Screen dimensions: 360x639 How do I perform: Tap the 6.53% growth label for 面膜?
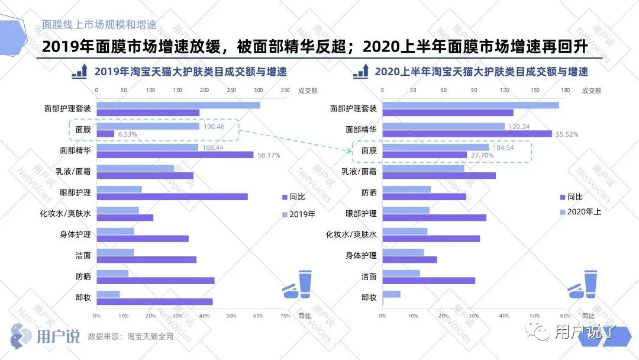coord(127,134)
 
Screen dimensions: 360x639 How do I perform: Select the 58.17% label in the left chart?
coord(268,155)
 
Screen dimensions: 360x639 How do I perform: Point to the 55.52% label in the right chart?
coord(566,134)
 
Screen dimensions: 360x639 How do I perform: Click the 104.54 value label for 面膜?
coord(502,147)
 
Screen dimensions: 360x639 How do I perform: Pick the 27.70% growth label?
coord(480,155)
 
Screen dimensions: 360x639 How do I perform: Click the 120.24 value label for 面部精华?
coord(518,126)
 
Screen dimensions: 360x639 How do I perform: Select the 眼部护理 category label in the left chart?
coord(75,192)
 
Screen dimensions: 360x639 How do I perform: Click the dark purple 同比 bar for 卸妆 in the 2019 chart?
coord(154,301)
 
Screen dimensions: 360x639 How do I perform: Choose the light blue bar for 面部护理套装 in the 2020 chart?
coord(470,105)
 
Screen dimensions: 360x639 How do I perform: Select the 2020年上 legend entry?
coord(583,211)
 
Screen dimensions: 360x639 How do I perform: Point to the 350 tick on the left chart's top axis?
coord(285,91)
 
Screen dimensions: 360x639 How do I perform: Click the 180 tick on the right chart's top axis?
coord(565,91)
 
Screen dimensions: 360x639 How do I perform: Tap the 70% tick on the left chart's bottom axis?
coord(285,316)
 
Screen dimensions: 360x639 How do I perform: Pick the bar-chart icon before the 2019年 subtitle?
coord(80,71)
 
